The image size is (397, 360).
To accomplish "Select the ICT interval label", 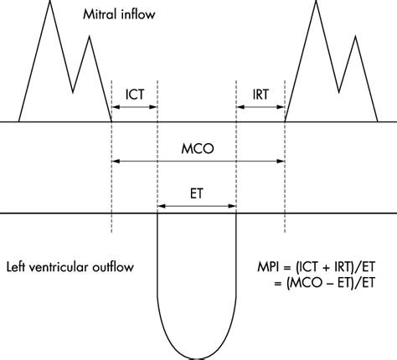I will [x=134, y=95].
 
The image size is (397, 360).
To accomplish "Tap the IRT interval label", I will [x=260, y=95].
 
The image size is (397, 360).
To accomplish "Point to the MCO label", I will [x=198, y=147].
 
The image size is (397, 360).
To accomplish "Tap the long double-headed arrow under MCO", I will [x=198, y=161].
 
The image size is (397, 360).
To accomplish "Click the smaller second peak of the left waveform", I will [x=85, y=38].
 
